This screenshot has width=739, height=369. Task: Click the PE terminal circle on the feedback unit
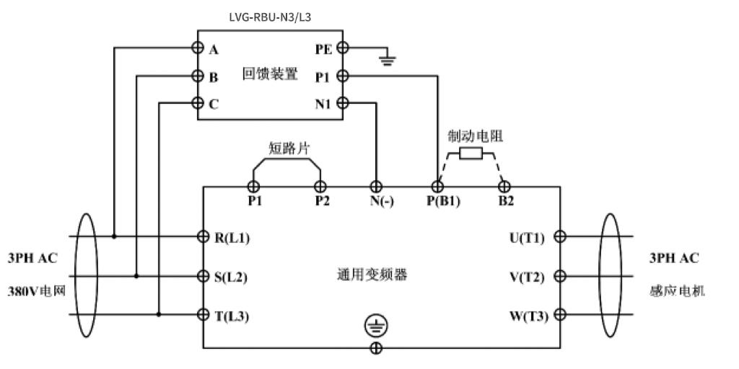pos(343,48)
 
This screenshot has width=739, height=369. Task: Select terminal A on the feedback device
pos(197,48)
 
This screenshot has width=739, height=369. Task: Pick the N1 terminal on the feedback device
pos(343,103)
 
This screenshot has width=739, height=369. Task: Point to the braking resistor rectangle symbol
pos(471,153)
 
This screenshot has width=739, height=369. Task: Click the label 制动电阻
pos(470,136)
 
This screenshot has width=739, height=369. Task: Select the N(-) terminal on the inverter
pos(376,187)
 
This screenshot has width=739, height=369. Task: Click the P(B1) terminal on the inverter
pos(437,187)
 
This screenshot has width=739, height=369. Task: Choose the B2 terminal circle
pos(505,187)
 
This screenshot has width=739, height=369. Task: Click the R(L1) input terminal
pos(204,236)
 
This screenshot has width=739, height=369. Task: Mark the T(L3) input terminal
pos(204,315)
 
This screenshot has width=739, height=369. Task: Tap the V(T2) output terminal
pos(559,275)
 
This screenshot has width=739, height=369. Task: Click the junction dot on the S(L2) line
pos(136,275)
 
